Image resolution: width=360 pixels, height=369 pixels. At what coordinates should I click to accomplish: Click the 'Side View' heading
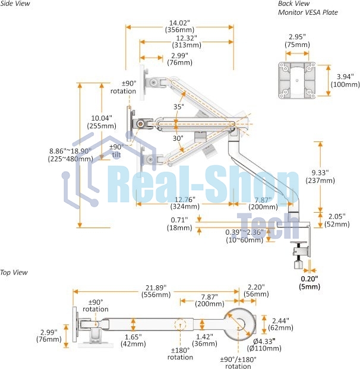[x=15, y=4]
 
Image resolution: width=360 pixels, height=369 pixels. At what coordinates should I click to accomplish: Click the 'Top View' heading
[x=14, y=272]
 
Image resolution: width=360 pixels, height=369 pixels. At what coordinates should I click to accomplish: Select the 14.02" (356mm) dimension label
[x=179, y=26]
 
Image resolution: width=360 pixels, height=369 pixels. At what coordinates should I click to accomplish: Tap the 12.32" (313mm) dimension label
[x=187, y=41]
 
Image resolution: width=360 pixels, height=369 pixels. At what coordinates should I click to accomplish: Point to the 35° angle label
[x=179, y=106]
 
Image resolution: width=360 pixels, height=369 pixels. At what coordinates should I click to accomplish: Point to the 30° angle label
[x=178, y=138]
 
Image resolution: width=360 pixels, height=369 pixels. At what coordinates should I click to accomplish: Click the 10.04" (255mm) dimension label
[x=102, y=122]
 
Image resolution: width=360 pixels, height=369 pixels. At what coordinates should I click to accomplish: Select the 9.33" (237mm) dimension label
[x=320, y=176]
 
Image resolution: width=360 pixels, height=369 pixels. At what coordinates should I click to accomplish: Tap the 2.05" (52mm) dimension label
[x=337, y=220]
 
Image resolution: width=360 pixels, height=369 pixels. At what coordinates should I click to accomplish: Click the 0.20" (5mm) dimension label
[x=310, y=283]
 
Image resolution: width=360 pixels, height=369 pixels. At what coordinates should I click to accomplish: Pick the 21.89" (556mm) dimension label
[x=156, y=291]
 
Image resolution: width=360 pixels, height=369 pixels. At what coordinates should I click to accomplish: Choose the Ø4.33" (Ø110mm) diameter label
[x=264, y=345]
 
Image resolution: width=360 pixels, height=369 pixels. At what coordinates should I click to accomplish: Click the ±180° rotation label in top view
[x=180, y=354]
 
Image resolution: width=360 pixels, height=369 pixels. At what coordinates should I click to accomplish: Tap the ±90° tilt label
[x=116, y=151]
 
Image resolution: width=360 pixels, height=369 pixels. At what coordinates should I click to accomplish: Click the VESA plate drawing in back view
[x=297, y=80]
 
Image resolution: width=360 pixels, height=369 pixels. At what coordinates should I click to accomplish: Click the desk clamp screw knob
[x=299, y=264]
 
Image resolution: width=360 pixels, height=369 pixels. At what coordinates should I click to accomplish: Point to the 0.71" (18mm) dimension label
[x=179, y=224]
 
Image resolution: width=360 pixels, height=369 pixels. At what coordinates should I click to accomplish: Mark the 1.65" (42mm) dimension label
[x=133, y=340]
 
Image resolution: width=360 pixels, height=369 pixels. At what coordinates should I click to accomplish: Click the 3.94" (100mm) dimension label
[x=345, y=80]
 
